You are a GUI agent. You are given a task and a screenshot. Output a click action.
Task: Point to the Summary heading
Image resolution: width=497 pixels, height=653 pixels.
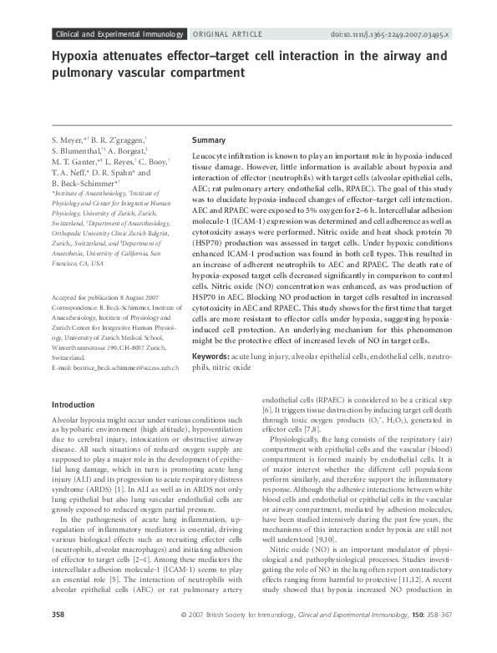tap(209, 140)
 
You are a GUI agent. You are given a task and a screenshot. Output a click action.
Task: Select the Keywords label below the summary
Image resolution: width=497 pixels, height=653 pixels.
tap(215, 380)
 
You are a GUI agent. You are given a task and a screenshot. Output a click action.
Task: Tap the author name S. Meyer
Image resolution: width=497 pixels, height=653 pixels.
tap(68, 139)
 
